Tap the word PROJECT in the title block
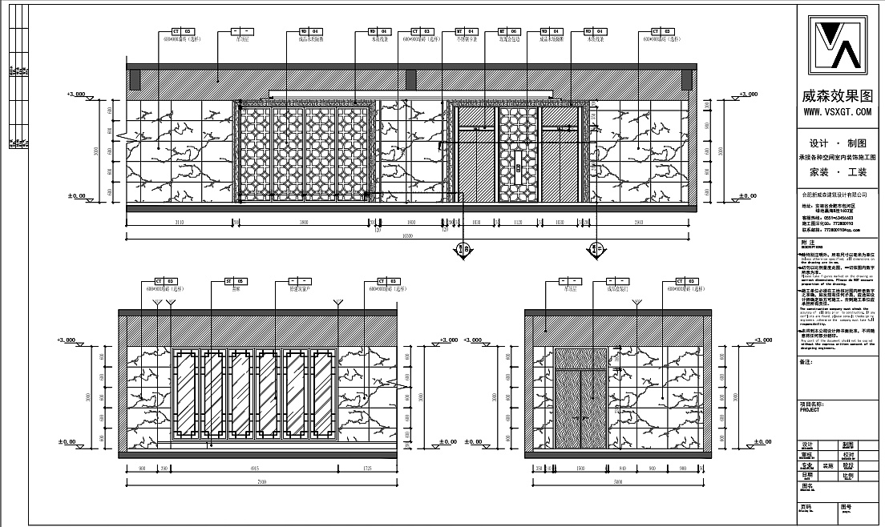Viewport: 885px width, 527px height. (810, 409)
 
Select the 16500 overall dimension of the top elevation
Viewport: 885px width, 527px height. (407, 236)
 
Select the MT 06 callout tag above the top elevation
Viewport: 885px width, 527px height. (508, 30)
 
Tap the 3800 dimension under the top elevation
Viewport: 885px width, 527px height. (305, 221)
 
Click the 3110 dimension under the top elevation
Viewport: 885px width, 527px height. (180, 221)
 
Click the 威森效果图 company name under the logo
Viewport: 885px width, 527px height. (840, 95)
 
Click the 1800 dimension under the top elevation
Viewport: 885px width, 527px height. (411, 221)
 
